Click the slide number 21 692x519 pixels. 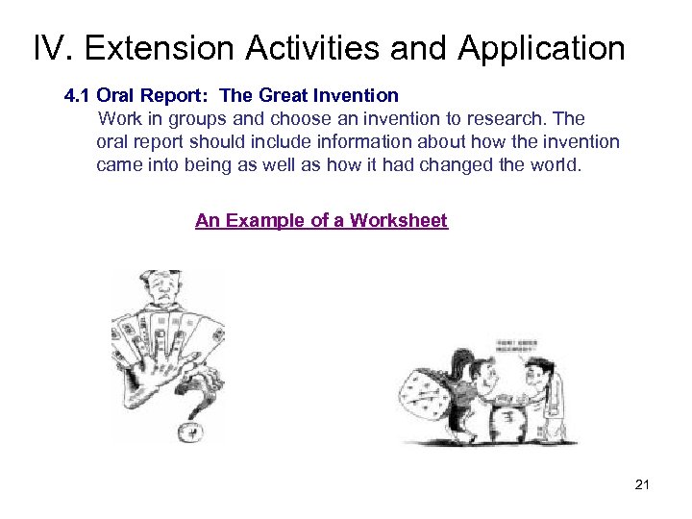click(642, 484)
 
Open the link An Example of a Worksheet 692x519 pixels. click(321, 220)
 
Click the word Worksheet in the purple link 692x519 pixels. click(399, 220)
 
